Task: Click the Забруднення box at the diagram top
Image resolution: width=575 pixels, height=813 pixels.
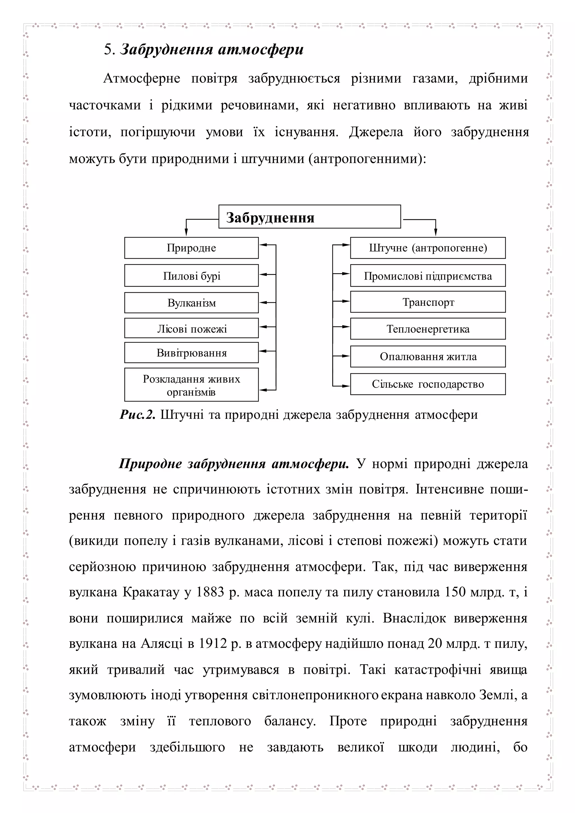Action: [309, 217]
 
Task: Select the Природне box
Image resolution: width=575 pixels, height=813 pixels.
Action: [191, 248]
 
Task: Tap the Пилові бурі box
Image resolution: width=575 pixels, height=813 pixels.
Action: [191, 275]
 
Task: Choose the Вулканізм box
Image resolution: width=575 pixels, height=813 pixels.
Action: [191, 303]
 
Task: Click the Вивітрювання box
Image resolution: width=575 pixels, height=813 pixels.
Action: [191, 353]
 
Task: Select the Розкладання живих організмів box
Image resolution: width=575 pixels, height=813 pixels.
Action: [191, 385]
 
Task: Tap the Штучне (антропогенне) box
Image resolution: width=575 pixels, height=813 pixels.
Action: [428, 248]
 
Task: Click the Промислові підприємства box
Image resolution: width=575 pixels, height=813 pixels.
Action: [428, 275]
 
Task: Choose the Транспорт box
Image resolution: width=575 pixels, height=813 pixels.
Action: [428, 302]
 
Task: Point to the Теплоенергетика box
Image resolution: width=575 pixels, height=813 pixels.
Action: [428, 329]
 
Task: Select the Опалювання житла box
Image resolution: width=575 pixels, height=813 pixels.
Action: [428, 357]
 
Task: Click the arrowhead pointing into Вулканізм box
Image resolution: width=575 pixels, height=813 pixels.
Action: [262, 303]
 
